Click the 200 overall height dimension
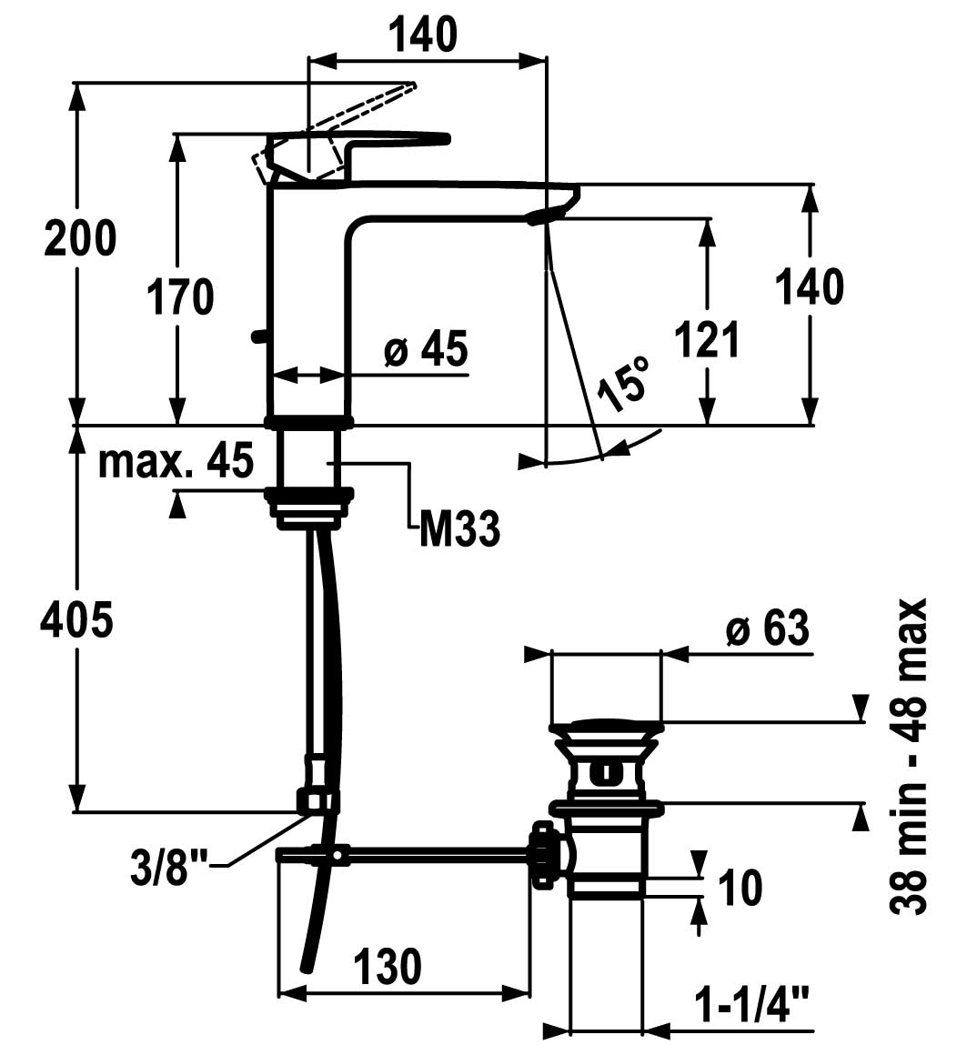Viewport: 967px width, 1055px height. point(81,240)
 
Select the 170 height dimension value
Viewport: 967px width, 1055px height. point(182,297)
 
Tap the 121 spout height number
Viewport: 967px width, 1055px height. point(707,340)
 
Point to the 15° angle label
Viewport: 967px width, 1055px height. point(627,384)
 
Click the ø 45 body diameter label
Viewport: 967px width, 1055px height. point(426,349)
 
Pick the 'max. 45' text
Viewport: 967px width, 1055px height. point(176,462)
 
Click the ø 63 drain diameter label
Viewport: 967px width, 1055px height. point(768,628)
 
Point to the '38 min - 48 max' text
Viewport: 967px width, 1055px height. point(909,756)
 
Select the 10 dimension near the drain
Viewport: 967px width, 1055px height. point(739,887)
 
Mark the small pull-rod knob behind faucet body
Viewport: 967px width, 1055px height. point(257,337)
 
